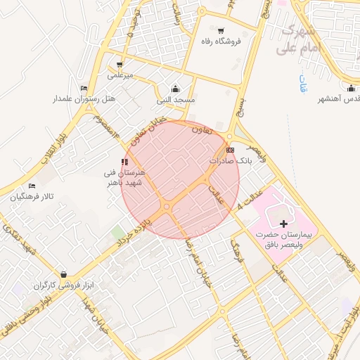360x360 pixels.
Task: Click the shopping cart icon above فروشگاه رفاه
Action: coord(221,30)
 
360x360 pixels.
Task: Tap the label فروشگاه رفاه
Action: coord(221,41)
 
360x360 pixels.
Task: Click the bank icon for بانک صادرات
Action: coord(231,150)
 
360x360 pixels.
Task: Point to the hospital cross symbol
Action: coord(283,224)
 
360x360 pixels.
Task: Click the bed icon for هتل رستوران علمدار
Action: coord(84,88)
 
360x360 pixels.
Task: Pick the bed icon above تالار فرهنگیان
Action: coord(32,186)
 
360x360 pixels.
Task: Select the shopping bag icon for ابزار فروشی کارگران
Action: coord(64,274)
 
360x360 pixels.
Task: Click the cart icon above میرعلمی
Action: coord(120,64)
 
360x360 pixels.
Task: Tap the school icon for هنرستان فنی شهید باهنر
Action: coord(124,162)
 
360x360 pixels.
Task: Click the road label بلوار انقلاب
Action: coord(53,144)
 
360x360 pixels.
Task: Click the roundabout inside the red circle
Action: coord(167,206)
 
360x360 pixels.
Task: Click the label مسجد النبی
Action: coord(176,101)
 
